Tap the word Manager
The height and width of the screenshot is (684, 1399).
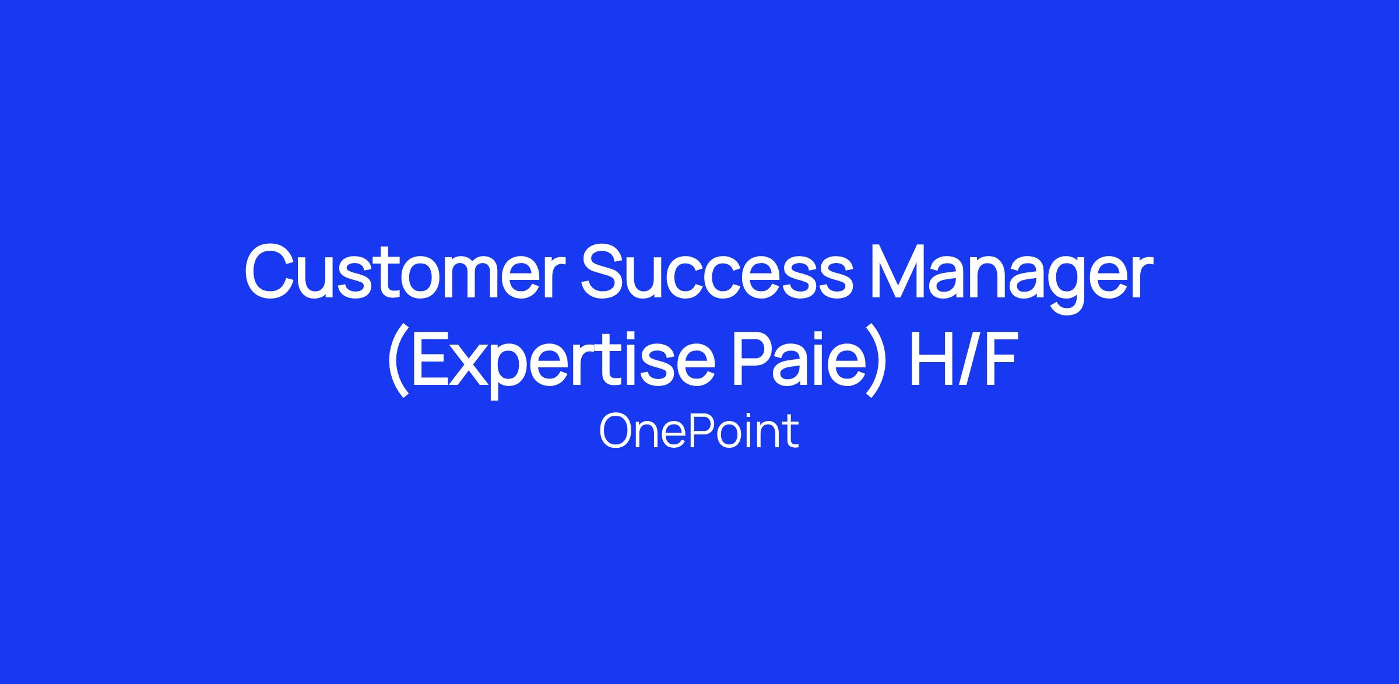(x=1011, y=279)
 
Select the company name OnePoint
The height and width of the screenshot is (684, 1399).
(x=699, y=432)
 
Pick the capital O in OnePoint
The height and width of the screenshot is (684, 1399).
(x=617, y=432)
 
